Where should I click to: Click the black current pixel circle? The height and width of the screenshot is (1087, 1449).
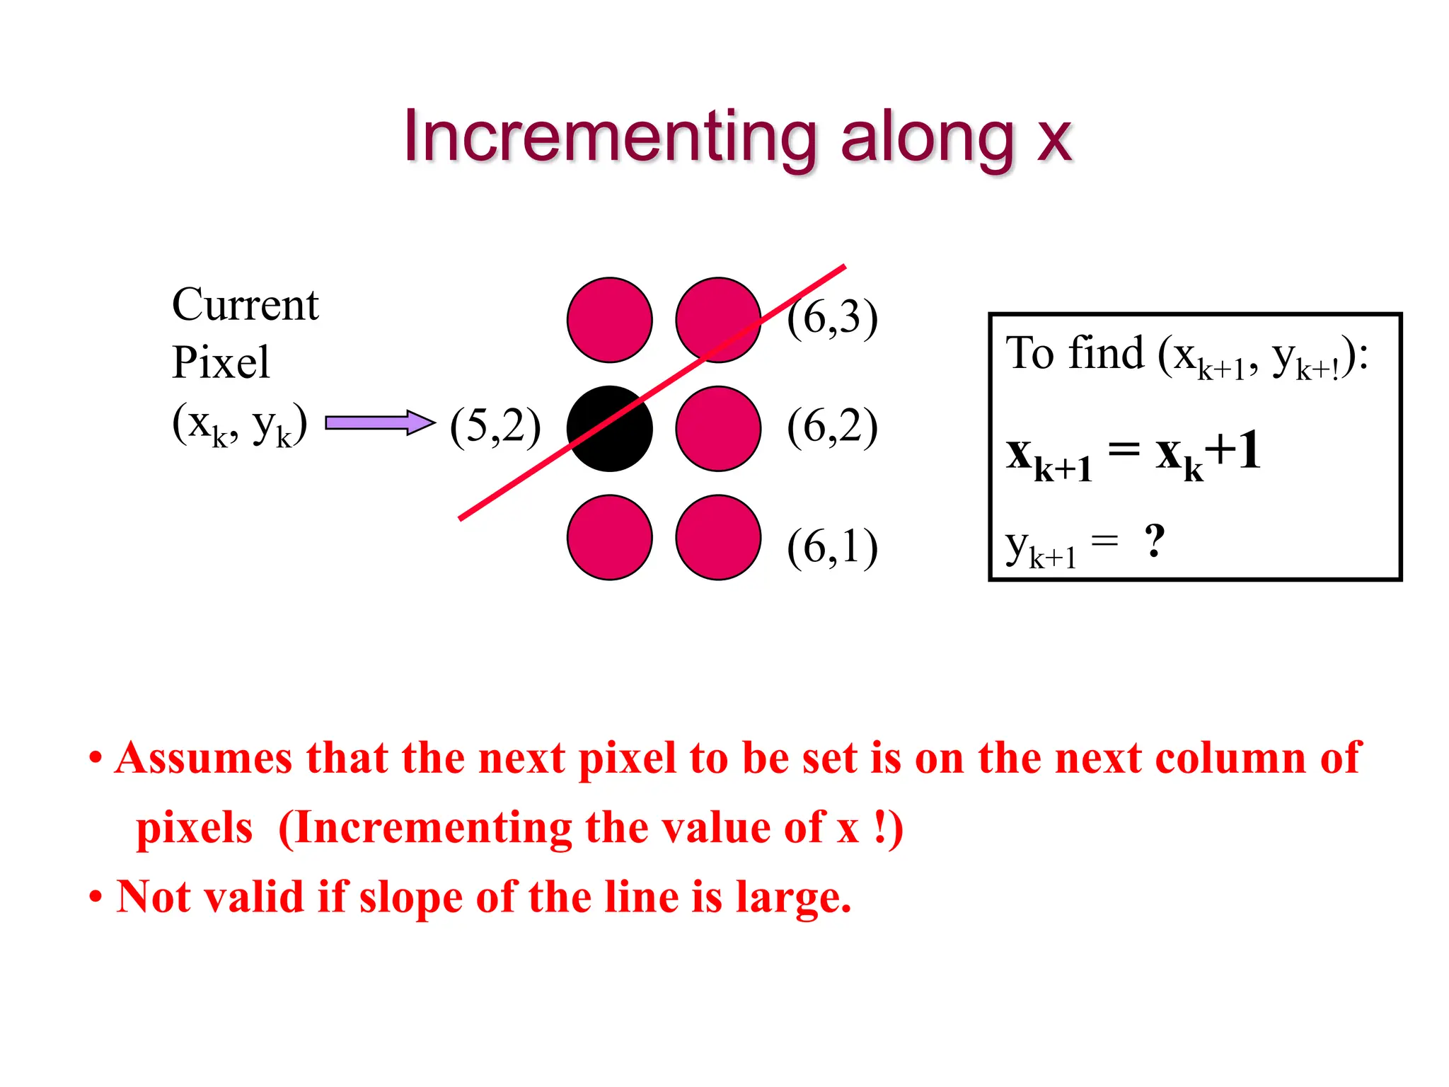(609, 429)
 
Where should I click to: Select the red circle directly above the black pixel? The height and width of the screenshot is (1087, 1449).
(609, 320)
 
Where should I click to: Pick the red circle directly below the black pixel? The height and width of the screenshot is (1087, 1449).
(609, 537)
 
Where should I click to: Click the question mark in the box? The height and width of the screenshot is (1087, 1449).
(1154, 541)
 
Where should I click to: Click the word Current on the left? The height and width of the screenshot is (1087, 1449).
(245, 305)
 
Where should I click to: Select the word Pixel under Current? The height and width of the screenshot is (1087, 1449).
(221, 362)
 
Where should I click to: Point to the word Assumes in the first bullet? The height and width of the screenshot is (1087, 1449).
(203, 758)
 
